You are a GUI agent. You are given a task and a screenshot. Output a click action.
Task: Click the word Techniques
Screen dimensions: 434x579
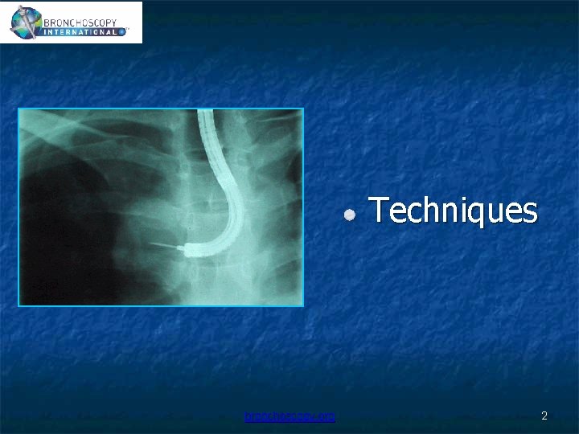453,211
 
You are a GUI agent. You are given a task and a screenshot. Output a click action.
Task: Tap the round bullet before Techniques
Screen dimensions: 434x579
350,215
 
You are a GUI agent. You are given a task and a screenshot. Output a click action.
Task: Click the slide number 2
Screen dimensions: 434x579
544,416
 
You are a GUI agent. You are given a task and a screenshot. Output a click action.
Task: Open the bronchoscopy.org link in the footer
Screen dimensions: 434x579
290,416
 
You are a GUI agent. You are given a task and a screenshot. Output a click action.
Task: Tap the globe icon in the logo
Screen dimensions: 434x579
24,22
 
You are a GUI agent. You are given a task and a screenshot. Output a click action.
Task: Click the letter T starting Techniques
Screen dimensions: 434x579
379,211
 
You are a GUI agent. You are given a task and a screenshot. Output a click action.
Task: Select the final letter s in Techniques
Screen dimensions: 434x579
528,213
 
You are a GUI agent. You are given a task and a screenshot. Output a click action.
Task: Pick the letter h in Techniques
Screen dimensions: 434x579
427,211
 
